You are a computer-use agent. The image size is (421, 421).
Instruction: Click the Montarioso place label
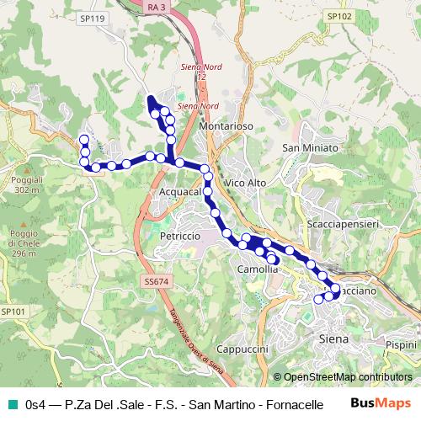click(x=227, y=125)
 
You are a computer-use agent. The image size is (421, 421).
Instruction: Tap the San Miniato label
click(x=310, y=148)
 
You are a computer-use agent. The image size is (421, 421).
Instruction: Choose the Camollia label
click(x=258, y=269)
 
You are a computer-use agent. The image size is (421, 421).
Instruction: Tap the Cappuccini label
click(x=242, y=349)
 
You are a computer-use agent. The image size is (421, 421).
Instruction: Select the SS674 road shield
click(x=156, y=281)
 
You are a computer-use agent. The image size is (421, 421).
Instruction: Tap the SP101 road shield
click(x=13, y=311)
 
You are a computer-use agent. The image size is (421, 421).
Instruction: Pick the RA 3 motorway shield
click(x=154, y=7)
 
